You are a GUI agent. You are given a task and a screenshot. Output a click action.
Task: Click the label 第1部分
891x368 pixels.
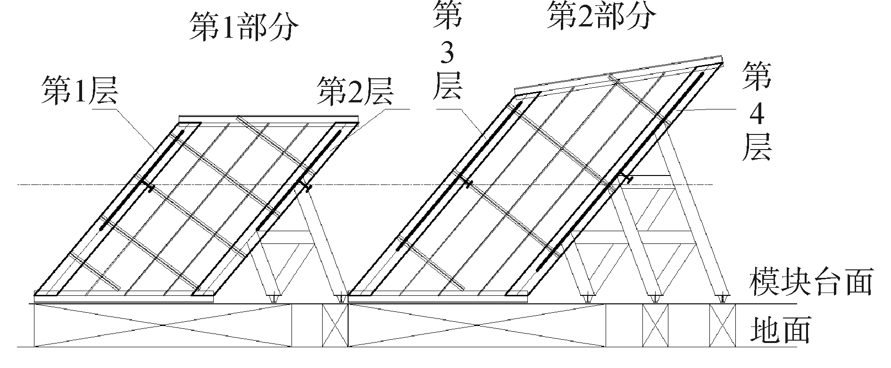244,27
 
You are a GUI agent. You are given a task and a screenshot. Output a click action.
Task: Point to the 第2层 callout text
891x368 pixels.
355,91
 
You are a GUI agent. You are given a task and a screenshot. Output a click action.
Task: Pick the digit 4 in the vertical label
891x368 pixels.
757,116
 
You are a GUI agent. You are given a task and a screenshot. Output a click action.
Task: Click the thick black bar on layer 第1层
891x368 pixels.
142,179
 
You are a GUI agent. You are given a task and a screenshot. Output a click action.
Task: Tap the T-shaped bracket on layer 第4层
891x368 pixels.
627,178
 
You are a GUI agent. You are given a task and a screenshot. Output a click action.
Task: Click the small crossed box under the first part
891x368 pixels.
335,325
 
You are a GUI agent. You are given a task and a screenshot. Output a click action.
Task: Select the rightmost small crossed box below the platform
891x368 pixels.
722,325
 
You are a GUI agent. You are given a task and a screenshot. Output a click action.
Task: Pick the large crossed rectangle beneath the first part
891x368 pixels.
163,325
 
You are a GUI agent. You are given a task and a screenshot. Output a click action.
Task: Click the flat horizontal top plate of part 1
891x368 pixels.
268,118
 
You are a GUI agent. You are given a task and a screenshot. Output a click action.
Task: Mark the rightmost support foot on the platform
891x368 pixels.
723,298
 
